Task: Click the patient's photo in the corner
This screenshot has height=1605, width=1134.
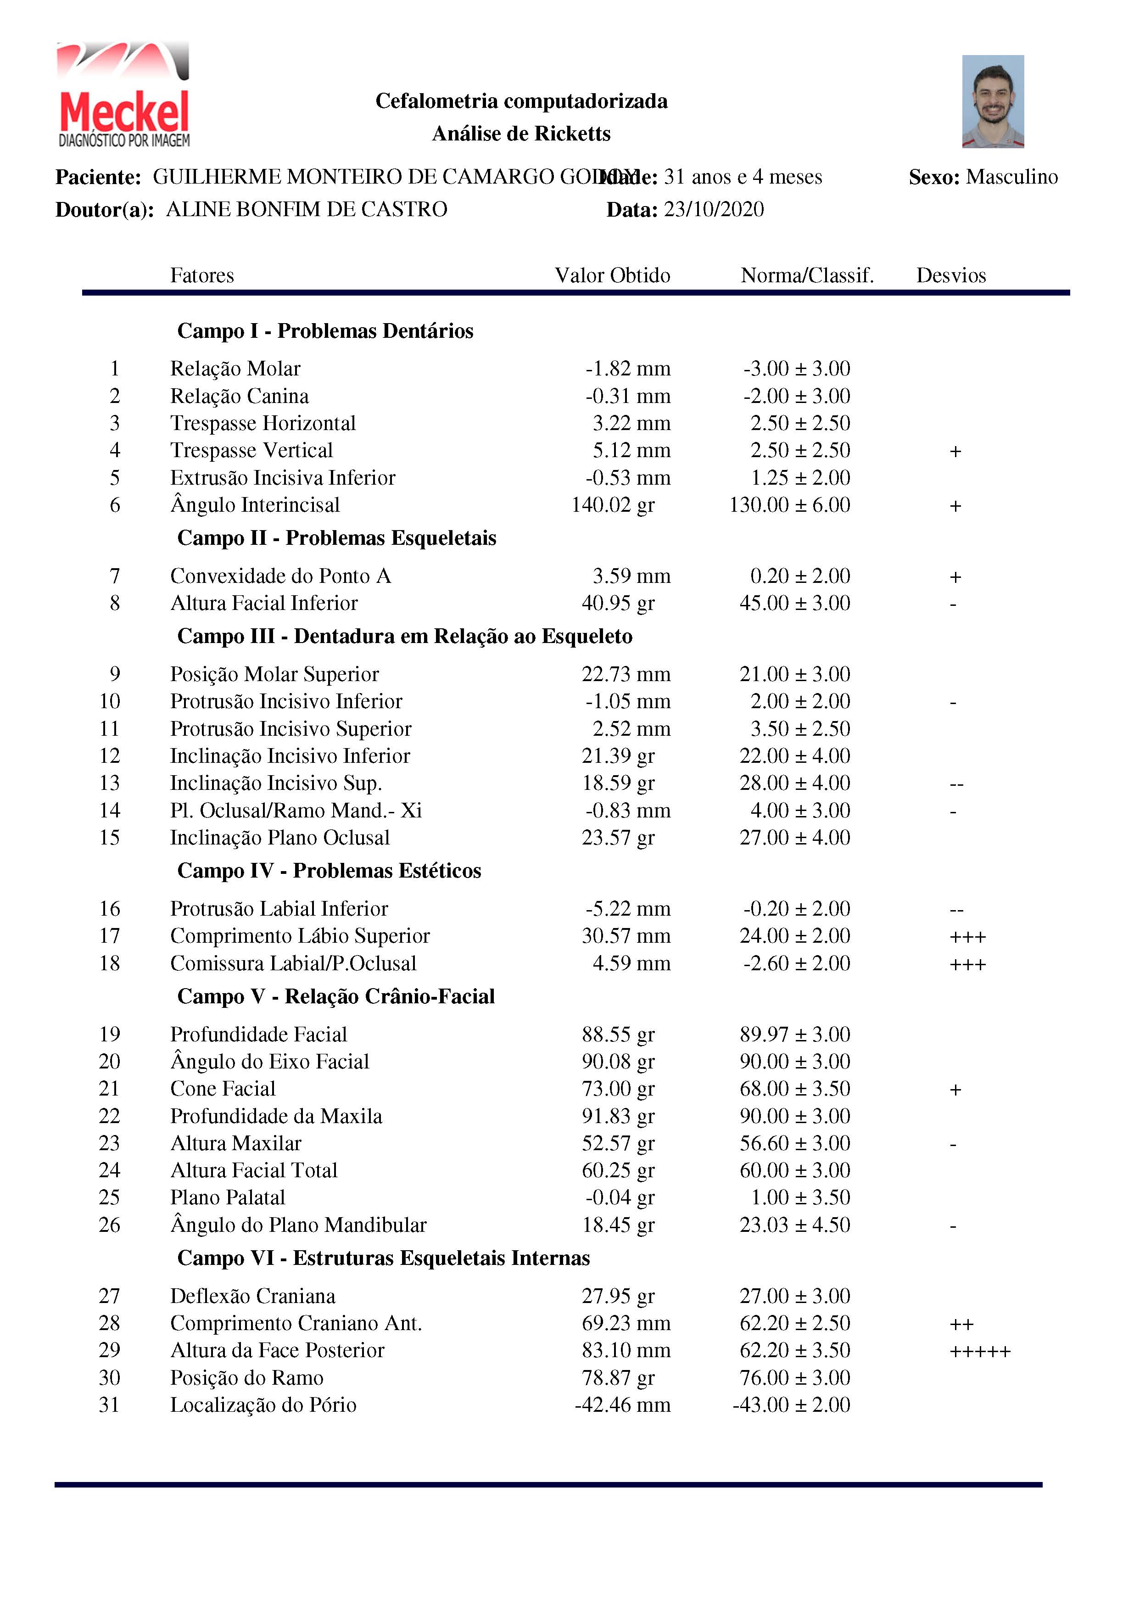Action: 992,101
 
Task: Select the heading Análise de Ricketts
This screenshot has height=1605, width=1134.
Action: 521,134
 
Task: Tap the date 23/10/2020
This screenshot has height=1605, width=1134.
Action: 713,209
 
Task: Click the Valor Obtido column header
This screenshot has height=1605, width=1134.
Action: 613,275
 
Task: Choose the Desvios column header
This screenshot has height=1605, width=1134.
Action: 951,275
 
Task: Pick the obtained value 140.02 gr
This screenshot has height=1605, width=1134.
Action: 613,505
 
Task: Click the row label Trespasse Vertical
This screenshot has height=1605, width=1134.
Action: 251,450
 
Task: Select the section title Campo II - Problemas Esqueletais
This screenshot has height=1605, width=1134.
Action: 336,537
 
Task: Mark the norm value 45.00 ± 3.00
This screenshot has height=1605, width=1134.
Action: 795,603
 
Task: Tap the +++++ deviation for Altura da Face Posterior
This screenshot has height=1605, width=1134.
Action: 979,1351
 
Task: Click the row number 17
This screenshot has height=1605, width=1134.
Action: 110,935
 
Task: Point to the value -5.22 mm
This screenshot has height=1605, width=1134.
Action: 627,908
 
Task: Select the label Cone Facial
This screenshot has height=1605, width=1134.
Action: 223,1088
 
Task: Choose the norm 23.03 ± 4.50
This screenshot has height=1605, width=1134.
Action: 795,1225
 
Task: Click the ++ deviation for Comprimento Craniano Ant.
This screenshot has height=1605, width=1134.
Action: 961,1323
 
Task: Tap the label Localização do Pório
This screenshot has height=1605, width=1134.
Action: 263,1404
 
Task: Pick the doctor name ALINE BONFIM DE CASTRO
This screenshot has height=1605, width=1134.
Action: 306,209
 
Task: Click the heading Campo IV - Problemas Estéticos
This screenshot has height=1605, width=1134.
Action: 330,870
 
